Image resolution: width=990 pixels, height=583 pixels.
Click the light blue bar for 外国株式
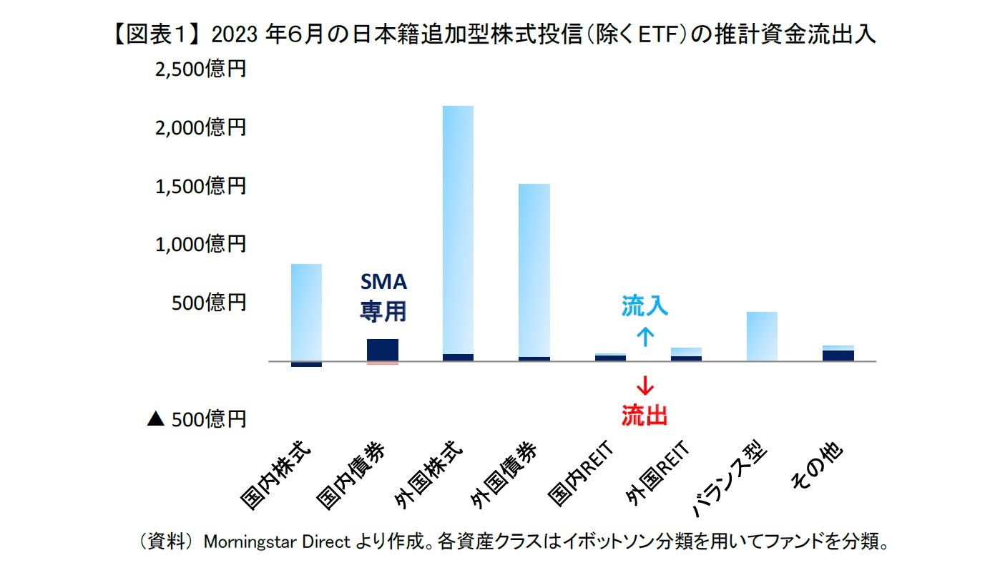[x=458, y=229]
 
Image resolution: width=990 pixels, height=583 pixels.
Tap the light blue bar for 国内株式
[x=306, y=312]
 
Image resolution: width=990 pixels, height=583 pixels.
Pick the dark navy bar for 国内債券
[x=382, y=350]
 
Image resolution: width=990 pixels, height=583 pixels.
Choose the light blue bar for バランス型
[x=761, y=336]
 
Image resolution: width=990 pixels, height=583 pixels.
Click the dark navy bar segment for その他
[x=838, y=356]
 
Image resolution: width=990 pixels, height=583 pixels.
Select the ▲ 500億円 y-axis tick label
[x=196, y=419]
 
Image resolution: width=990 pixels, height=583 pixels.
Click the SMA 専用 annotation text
[x=383, y=296]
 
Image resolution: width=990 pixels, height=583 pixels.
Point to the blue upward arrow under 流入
[x=645, y=336]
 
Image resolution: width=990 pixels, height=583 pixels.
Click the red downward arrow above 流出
[x=645, y=386]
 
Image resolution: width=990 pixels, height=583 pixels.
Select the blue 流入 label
[x=645, y=307]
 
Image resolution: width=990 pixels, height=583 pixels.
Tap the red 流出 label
[x=645, y=416]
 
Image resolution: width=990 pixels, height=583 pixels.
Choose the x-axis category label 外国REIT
[x=656, y=474]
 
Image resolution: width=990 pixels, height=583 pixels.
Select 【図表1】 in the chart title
[x=155, y=35]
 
